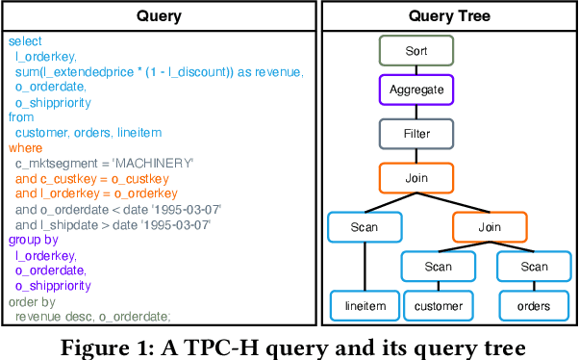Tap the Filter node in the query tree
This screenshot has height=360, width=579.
(x=416, y=134)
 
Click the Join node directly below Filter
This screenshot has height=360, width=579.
(x=416, y=177)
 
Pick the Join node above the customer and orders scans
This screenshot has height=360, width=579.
(x=490, y=227)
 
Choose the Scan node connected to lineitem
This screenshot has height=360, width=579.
(x=364, y=227)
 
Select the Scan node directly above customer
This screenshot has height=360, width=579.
(x=438, y=267)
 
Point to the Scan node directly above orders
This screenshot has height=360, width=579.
(x=534, y=267)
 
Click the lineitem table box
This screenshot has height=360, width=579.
(x=364, y=306)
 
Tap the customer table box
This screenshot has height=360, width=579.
(x=438, y=306)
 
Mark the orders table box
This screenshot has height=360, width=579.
(x=534, y=306)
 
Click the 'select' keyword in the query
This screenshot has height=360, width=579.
(x=25, y=42)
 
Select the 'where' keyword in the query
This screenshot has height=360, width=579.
(x=25, y=148)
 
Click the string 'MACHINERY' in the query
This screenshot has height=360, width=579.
(x=156, y=164)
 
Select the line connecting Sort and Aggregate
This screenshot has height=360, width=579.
(x=416, y=69)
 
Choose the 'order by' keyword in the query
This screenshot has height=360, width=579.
(x=32, y=300)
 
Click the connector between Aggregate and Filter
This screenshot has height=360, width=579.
(x=416, y=113)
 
